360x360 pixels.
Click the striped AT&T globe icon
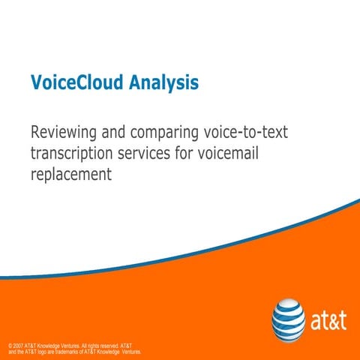tap(289, 316)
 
